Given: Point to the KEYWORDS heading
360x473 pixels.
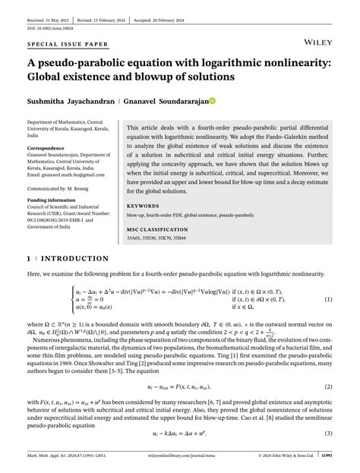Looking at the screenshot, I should pyautogui.click(x=143, y=206).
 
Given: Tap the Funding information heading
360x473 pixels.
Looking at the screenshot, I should pyautogui.click(x=52, y=200).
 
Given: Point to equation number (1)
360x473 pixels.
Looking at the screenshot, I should pyautogui.click(x=329, y=299).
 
